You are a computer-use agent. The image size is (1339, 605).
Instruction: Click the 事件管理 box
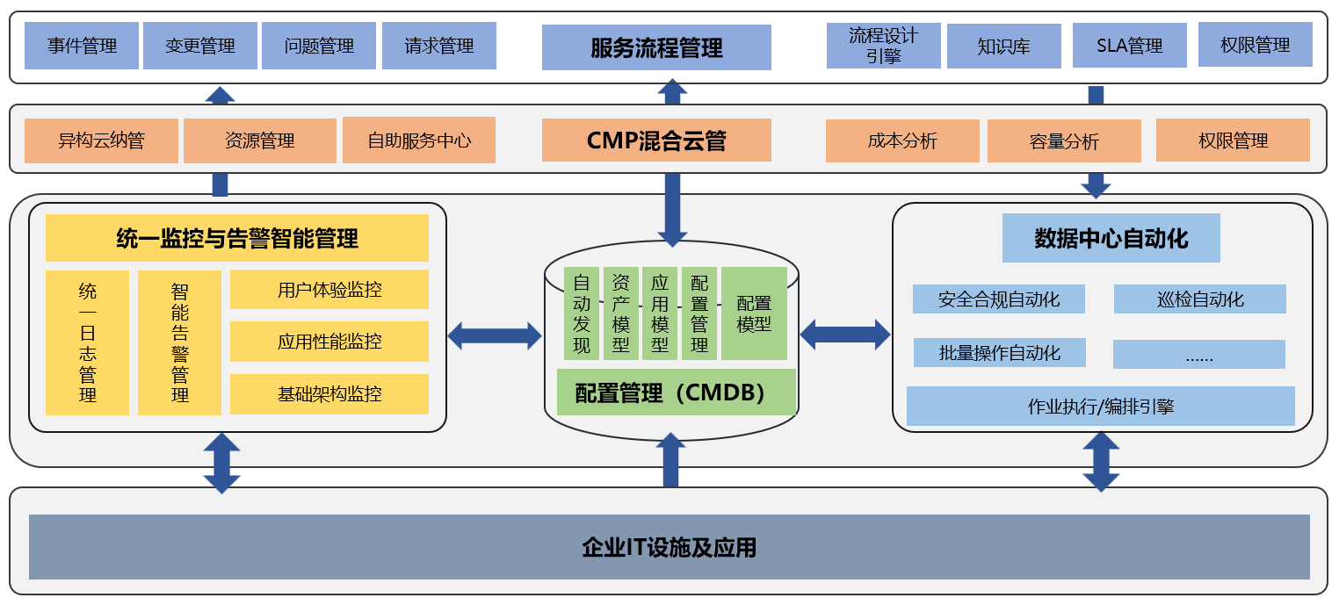(x=82, y=46)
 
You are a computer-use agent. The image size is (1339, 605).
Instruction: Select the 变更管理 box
(x=200, y=46)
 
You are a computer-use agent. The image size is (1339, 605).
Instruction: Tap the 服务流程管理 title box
(x=656, y=47)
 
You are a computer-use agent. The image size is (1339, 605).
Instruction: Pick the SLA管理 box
(x=1130, y=46)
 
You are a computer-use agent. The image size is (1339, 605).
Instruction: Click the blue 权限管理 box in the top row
(x=1256, y=45)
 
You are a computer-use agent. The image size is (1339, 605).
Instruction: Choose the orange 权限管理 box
(x=1233, y=140)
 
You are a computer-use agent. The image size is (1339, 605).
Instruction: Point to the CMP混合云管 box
(x=656, y=140)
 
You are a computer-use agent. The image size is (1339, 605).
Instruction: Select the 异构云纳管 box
(x=101, y=140)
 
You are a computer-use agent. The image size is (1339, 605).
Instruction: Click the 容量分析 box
(x=1064, y=141)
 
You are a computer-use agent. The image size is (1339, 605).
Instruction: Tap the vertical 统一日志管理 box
(x=87, y=342)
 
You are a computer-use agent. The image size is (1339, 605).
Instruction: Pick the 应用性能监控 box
(x=329, y=342)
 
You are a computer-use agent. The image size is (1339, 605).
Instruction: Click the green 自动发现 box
(x=582, y=313)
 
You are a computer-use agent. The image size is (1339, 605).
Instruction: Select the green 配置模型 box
(x=754, y=313)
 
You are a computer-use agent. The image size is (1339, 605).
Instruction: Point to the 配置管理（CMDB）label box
(x=676, y=393)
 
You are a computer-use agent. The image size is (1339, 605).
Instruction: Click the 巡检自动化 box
(x=1200, y=299)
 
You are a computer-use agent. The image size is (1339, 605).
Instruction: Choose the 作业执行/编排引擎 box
(x=1101, y=407)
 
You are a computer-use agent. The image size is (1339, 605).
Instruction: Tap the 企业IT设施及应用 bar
(x=669, y=548)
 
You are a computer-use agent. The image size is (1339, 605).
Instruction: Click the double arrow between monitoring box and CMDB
(x=495, y=335)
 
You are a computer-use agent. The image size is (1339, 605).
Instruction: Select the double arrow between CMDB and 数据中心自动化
(x=844, y=335)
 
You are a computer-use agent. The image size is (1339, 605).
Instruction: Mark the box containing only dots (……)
(x=1199, y=355)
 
